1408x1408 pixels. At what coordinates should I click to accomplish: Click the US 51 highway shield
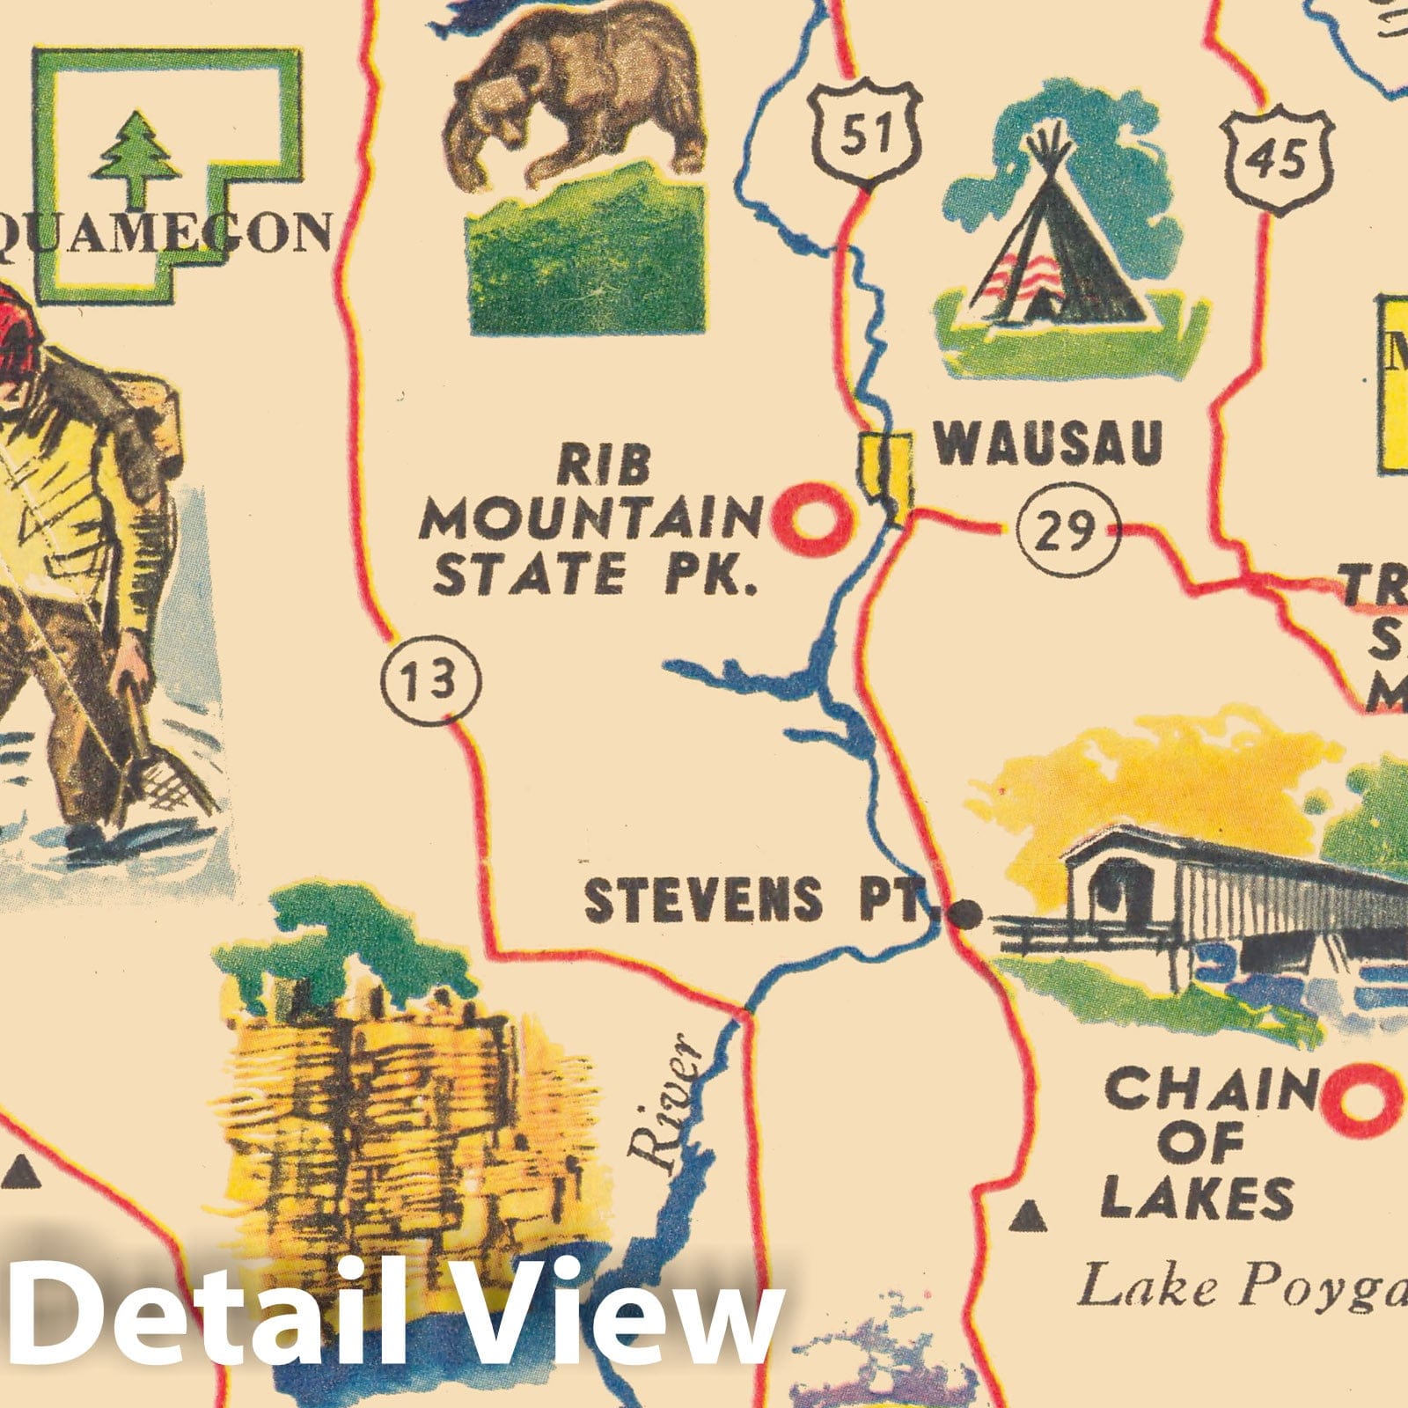tap(867, 133)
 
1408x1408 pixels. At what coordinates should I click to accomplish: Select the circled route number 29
tap(1067, 532)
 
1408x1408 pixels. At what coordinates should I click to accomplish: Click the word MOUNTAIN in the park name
tap(590, 523)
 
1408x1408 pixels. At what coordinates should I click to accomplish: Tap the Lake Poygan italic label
tap(1241, 1287)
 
